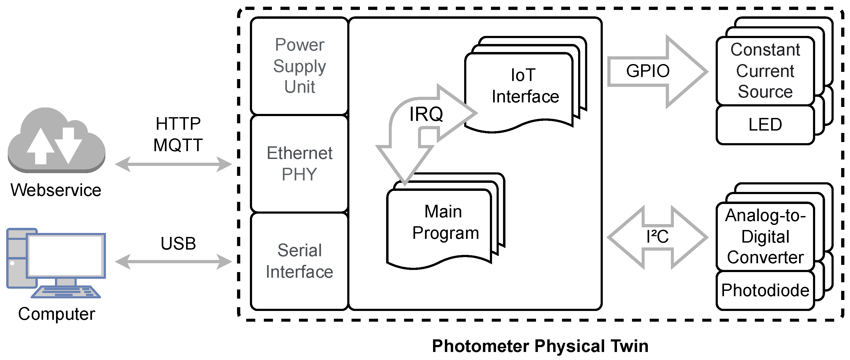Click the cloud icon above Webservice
tap(56, 140)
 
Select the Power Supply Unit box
tap(299, 66)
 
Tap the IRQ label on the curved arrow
tap(426, 114)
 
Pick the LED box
tap(765, 125)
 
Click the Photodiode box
tap(765, 290)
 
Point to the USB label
tap(178, 243)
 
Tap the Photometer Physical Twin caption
tap(540, 346)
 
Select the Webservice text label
tap(56, 190)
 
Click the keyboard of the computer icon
tap(66, 292)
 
